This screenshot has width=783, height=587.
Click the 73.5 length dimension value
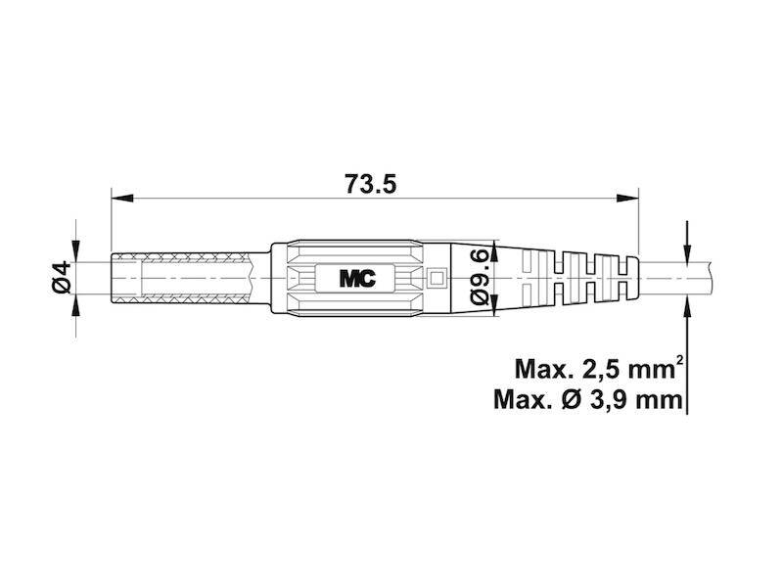[x=372, y=183]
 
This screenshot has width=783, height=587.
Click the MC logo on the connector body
[x=357, y=278]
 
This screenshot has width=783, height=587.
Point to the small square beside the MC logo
[x=436, y=278]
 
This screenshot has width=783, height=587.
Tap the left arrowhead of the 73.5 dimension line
[x=118, y=200]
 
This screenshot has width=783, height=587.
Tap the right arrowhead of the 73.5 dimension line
[x=629, y=200]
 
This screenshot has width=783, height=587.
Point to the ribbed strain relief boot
[x=577, y=278]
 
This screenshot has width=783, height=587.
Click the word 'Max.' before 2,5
[x=542, y=370]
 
